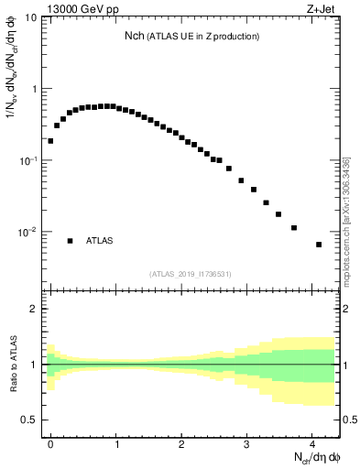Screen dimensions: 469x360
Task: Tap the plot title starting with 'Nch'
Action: click(192, 36)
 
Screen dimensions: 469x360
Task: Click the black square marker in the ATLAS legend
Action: click(70, 241)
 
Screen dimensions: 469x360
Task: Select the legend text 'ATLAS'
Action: click(100, 241)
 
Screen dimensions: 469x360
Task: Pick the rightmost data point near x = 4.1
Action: click(319, 245)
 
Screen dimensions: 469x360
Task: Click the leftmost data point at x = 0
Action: click(50, 141)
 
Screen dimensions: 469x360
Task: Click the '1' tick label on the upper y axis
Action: click(35, 89)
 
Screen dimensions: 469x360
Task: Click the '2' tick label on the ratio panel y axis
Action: click(35, 309)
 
